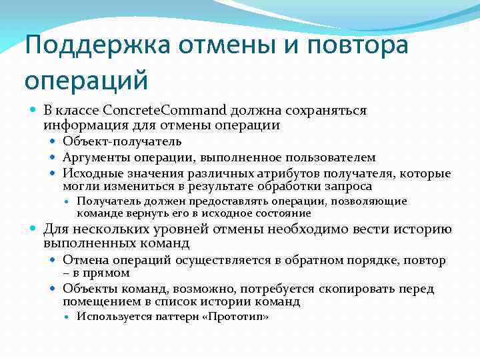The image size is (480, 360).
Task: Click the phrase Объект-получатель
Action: coord(122,141)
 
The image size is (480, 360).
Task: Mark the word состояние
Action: coord(282,213)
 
